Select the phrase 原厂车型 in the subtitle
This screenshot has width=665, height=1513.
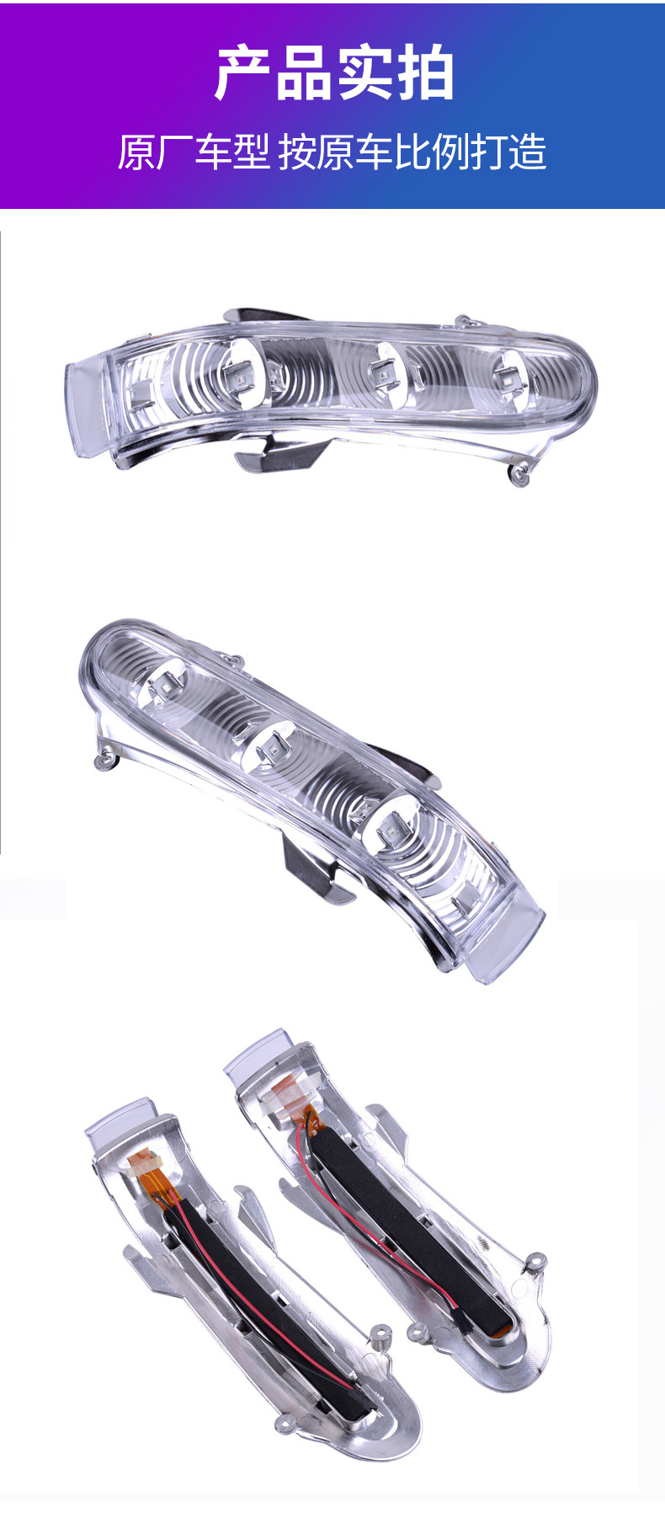pos(194,152)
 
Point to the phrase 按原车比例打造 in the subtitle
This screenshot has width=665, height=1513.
pos(412,152)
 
